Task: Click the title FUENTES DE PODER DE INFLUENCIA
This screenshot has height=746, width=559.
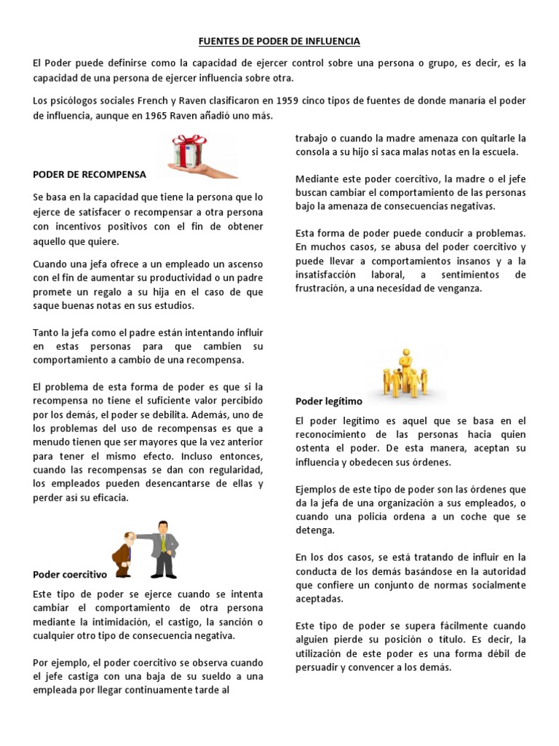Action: pos(279,42)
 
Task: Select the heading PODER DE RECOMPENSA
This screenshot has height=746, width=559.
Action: pos(90,175)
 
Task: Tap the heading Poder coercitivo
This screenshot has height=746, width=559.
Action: pos(70,575)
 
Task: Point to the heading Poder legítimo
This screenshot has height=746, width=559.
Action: pos(328,401)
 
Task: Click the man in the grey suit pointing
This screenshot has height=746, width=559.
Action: pos(164,548)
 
